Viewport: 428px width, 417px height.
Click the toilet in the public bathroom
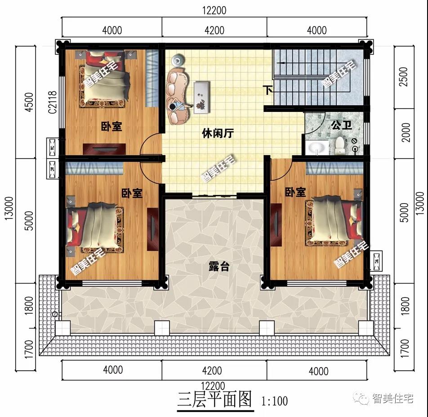point(340,144)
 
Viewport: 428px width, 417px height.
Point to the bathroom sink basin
point(319,147)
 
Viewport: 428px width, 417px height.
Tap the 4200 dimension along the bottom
point(212,371)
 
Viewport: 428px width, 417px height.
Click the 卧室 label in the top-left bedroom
point(111,126)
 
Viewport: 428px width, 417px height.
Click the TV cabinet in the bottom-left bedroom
point(153,228)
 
